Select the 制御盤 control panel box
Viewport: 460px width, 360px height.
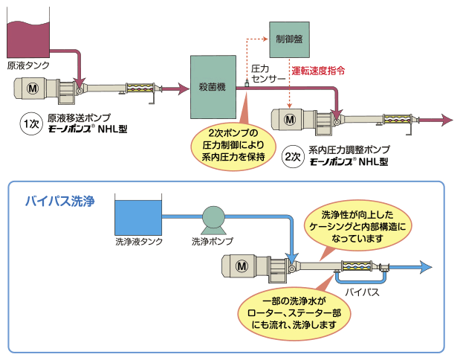pyautogui.click(x=288, y=40)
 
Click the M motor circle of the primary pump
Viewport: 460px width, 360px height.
pyautogui.click(x=33, y=89)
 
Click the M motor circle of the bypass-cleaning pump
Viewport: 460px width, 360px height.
pyautogui.click(x=242, y=266)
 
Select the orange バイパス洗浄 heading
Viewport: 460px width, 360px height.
pyautogui.click(x=59, y=201)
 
